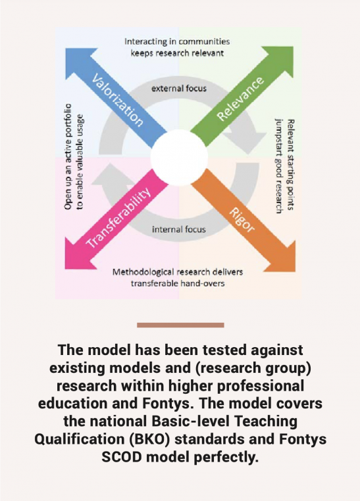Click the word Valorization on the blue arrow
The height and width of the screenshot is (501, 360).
(x=117, y=100)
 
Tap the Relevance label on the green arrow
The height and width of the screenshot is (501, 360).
(x=240, y=99)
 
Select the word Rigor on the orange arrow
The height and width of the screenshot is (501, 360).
(x=243, y=220)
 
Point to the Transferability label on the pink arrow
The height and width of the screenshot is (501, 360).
(x=118, y=217)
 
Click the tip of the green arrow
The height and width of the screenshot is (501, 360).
(x=293, y=47)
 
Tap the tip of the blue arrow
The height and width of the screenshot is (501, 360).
(x=66, y=49)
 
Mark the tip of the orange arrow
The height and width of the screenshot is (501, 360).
(x=294, y=272)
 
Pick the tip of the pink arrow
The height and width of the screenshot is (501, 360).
(x=66, y=269)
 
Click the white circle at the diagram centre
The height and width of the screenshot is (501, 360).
(x=179, y=158)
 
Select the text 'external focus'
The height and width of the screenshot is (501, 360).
(x=179, y=88)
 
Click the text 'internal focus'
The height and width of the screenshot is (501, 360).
(x=179, y=229)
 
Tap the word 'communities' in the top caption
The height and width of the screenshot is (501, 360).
(x=204, y=41)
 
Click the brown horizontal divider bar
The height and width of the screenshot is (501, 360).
(x=180, y=325)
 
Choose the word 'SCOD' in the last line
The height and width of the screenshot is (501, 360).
(x=122, y=457)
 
